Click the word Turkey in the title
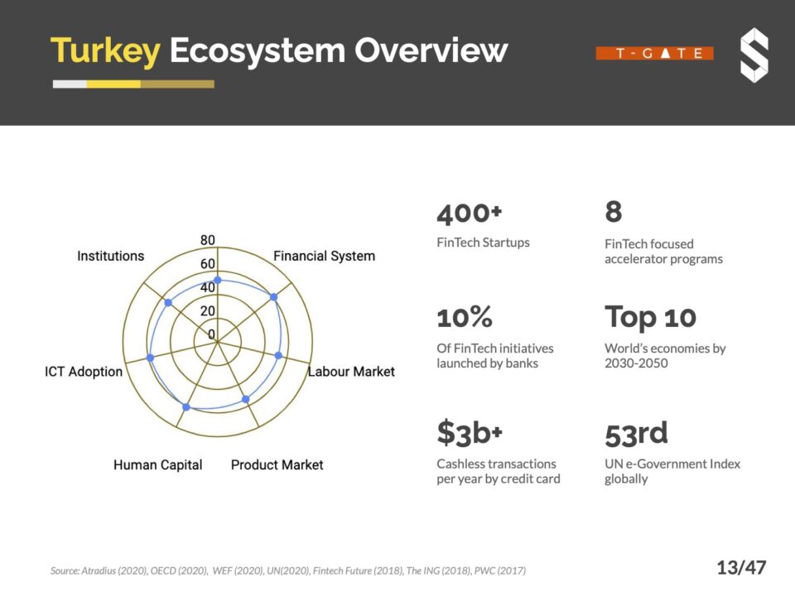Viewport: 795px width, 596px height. tap(104, 51)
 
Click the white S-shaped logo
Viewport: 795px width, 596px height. tap(754, 55)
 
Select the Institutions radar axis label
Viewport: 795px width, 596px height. tap(110, 256)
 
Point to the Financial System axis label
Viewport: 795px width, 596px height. tap(324, 256)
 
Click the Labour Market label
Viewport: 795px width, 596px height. tap(351, 372)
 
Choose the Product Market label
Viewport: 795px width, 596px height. tap(277, 465)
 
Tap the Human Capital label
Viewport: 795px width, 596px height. tap(157, 465)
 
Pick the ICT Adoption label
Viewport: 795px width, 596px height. tap(84, 372)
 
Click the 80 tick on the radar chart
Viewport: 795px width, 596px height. tap(207, 241)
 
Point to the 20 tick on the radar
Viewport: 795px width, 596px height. tap(207, 311)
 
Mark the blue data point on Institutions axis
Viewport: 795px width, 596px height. tap(168, 303)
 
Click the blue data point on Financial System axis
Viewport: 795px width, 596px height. tap(273, 296)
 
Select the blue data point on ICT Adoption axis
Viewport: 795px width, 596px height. tap(150, 358)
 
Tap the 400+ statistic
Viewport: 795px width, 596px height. tap(470, 214)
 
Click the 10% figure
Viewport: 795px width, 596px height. tap(465, 317)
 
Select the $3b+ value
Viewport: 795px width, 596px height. tap(470, 433)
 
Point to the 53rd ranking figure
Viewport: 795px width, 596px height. tap(636, 433)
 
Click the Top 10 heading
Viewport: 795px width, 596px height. tap(650, 317)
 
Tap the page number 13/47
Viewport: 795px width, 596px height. tap(741, 568)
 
